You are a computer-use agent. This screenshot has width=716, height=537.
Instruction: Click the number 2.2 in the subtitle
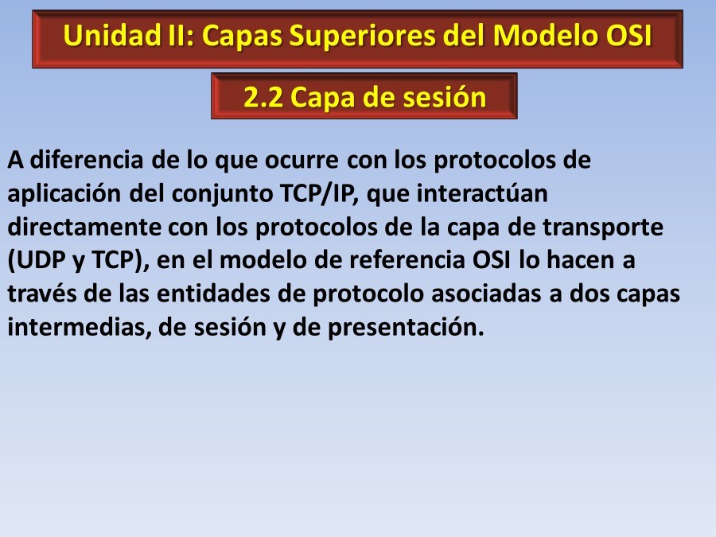pyautogui.click(x=263, y=97)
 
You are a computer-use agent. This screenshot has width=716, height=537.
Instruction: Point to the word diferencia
pyautogui.click(x=87, y=160)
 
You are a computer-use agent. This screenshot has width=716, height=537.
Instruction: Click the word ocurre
pyautogui.click(x=302, y=161)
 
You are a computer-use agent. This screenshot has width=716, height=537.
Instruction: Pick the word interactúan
pyautogui.click(x=482, y=193)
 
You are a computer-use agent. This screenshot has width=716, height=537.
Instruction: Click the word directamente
pyautogui.click(x=84, y=227)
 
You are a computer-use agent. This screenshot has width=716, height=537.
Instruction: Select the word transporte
pyautogui.click(x=603, y=228)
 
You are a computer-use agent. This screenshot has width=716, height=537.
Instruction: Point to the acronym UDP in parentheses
pyautogui.click(x=37, y=261)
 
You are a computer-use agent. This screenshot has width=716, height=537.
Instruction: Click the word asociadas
pyautogui.click(x=486, y=294)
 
